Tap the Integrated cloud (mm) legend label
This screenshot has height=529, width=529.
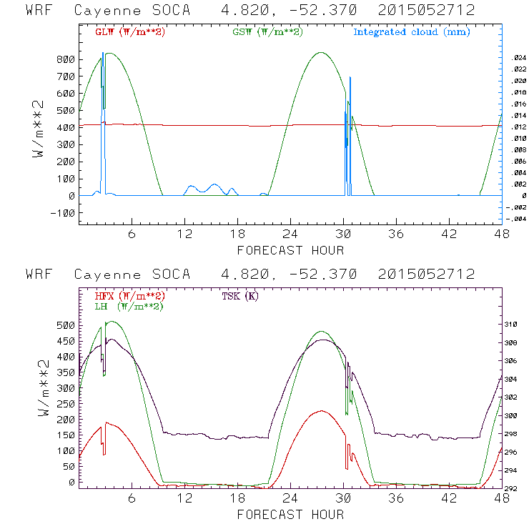[x=412, y=32]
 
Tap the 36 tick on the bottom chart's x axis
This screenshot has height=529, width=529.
[x=395, y=499]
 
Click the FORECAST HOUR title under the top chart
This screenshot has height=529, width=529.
[x=290, y=250]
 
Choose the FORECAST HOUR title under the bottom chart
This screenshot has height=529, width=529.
[x=290, y=515]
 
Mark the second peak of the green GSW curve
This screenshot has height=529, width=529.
[x=321, y=52]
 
